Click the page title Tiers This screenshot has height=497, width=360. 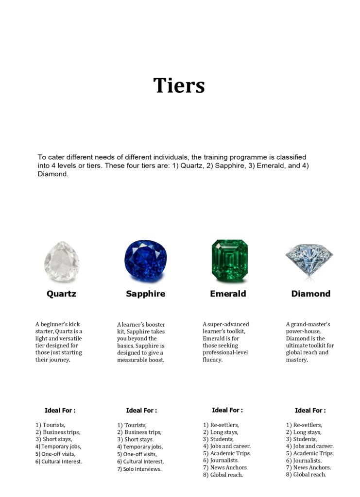[x=179, y=85]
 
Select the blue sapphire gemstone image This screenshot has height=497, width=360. [x=145, y=261]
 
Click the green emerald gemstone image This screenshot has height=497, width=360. [x=229, y=260]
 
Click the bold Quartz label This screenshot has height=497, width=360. [x=61, y=294]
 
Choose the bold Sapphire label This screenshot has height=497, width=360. [x=145, y=294]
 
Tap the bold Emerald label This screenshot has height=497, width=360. [x=228, y=294]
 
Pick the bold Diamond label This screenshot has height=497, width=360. [x=310, y=294]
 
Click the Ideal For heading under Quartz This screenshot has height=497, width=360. [x=60, y=410]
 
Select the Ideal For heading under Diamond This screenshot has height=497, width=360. [x=310, y=410]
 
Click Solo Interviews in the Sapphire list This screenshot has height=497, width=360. [x=142, y=469]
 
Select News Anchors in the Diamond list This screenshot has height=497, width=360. [x=312, y=467]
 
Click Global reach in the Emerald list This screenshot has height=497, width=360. [x=226, y=475]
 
